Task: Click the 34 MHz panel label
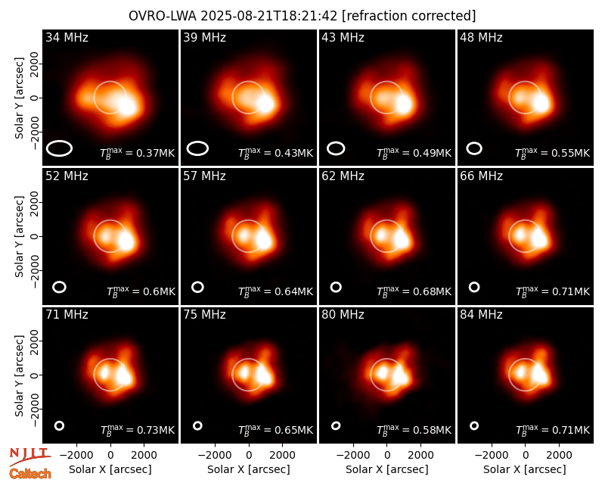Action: [67, 37]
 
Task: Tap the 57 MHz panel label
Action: [204, 176]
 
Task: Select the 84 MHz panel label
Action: [481, 315]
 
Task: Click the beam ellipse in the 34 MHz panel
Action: [60, 148]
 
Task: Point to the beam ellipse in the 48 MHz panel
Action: [474, 148]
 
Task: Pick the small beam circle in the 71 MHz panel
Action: [60, 425]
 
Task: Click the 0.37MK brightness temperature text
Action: [138, 153]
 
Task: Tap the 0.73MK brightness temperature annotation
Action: [138, 429]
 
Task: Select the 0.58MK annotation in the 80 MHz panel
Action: [414, 429]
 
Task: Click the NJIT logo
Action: [30, 456]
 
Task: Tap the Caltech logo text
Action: [30, 474]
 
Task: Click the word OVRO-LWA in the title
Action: [163, 16]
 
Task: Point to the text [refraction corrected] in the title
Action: [408, 16]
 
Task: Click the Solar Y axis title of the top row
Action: [19, 98]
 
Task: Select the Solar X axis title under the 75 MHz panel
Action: [249, 469]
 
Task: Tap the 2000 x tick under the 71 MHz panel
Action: [144, 456]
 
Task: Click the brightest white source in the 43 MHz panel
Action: [404, 104]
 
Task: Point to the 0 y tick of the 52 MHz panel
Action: [35, 236]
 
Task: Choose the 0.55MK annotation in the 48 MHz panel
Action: [553, 153]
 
